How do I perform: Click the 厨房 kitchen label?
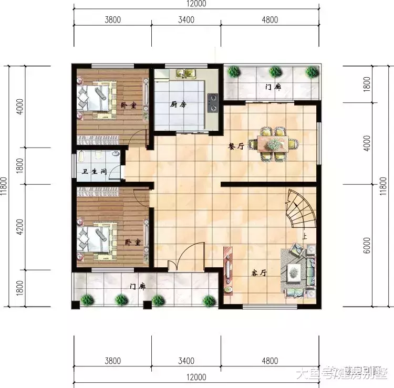coord(179,104)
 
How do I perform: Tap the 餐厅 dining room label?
coord(236,147)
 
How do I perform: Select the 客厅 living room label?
coord(259,273)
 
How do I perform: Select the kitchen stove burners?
coord(213,103)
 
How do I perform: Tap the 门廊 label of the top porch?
coord(273,87)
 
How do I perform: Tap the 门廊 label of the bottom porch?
coord(138,287)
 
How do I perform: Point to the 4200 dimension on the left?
coord(20,227)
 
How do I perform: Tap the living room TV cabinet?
coord(227,269)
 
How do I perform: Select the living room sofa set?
coord(298,270)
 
